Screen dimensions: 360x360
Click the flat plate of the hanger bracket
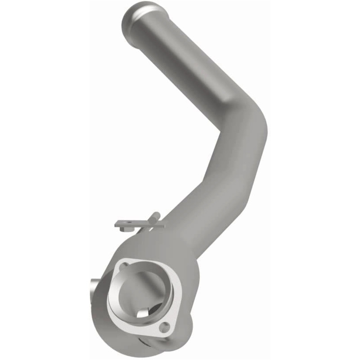click(135, 223)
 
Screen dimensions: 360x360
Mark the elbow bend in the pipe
click(245, 121)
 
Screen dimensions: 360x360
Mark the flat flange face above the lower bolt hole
click(173, 310)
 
